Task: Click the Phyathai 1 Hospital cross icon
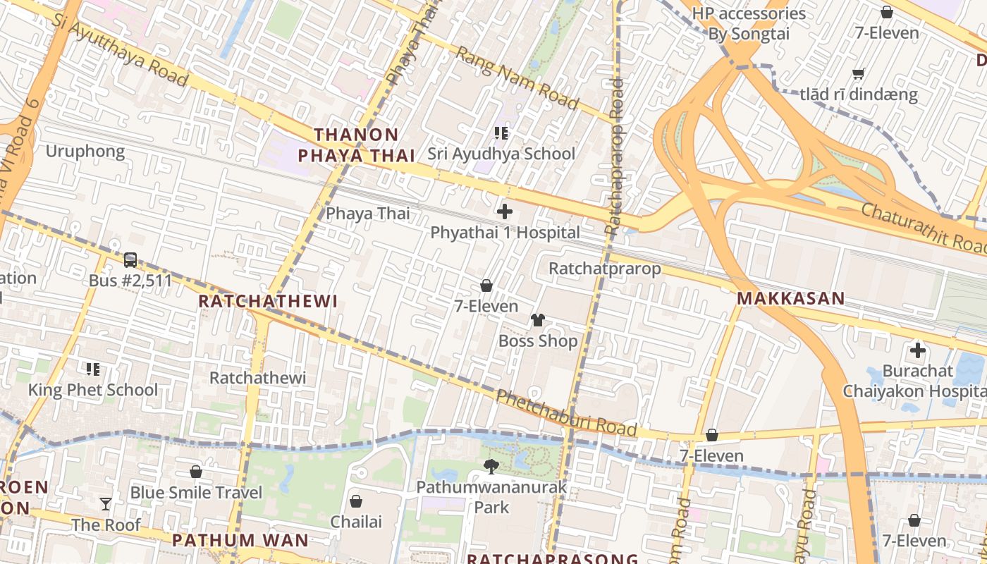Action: click(x=505, y=211)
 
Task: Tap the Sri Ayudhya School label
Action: click(x=501, y=154)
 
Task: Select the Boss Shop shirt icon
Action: click(x=538, y=320)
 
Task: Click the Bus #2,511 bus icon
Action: click(x=130, y=259)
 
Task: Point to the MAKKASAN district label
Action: click(x=790, y=298)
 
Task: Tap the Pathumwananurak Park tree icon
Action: click(x=491, y=465)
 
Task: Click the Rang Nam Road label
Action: click(x=517, y=78)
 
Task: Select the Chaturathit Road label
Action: click(x=924, y=228)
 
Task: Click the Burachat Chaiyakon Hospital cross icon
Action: click(x=917, y=350)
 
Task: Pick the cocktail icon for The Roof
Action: click(x=106, y=503)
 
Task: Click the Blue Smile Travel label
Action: click(x=196, y=492)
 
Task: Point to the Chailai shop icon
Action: click(x=356, y=501)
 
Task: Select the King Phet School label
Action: click(x=93, y=390)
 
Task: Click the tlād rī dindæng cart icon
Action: click(x=858, y=74)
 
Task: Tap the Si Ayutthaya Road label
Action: click(x=120, y=49)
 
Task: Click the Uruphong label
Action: click(x=85, y=152)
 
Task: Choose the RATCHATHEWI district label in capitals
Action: click(x=268, y=301)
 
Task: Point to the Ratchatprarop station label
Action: click(x=605, y=269)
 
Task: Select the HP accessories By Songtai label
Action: click(x=749, y=23)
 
